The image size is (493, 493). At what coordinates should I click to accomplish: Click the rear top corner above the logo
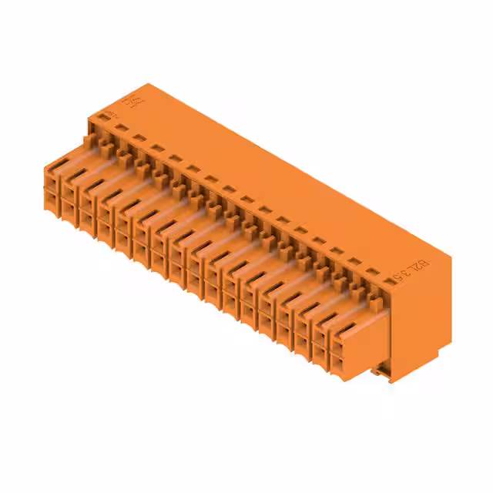[x=148, y=85]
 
